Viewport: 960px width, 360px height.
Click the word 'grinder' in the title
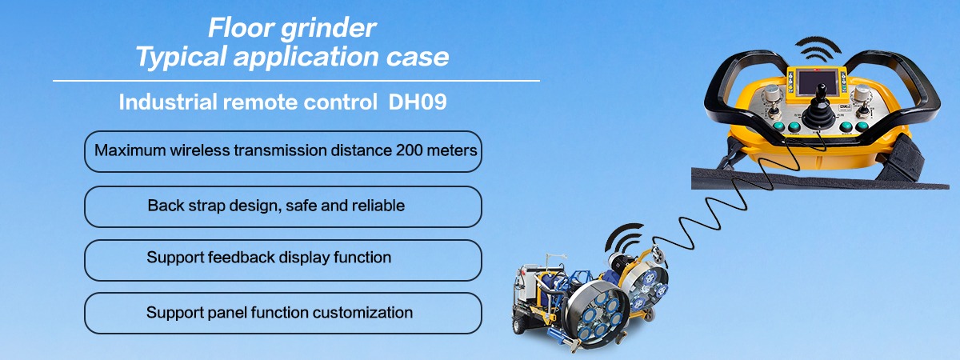(x=328, y=29)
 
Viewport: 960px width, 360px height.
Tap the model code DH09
(x=418, y=102)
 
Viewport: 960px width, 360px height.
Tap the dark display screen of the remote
(x=818, y=82)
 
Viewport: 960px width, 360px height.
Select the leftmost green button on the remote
(x=778, y=126)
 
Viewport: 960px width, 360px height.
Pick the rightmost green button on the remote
(x=862, y=126)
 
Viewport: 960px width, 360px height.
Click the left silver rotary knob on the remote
(x=773, y=93)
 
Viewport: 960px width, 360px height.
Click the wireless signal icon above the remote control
(x=818, y=49)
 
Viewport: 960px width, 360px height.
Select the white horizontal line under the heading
(x=296, y=81)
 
